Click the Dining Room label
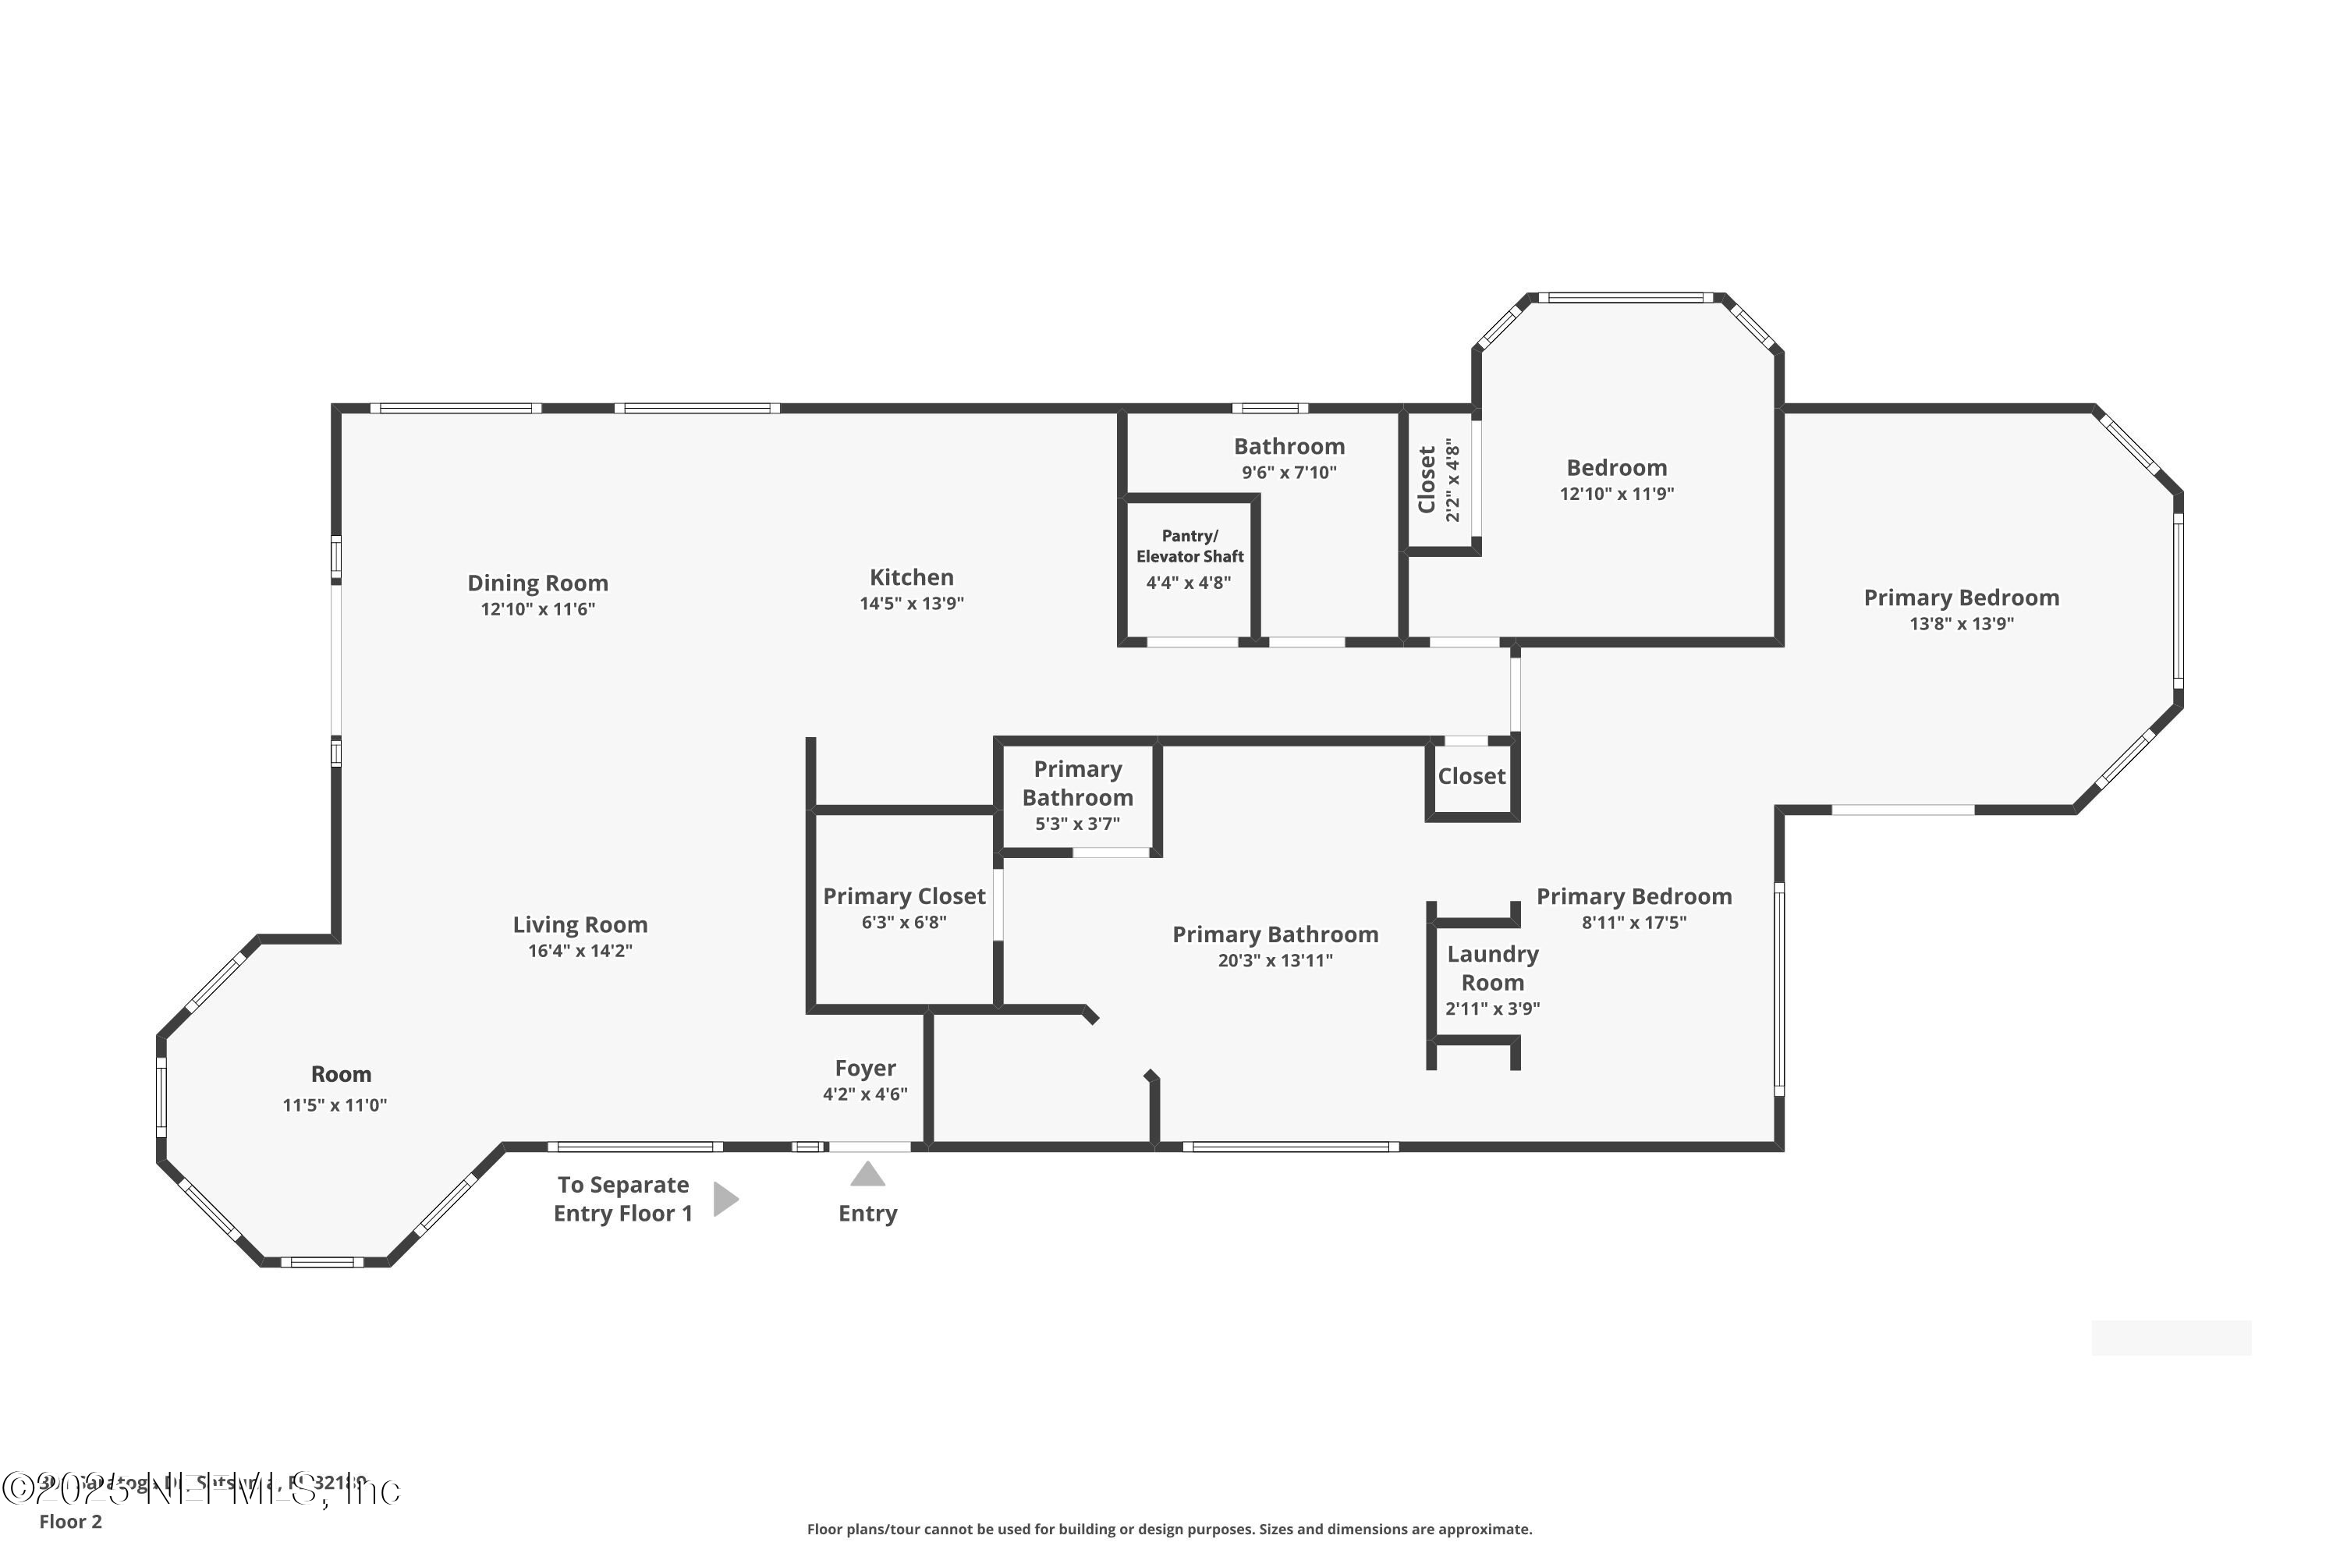click(x=537, y=583)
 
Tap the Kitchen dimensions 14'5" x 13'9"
click(x=911, y=603)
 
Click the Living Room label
click(x=580, y=924)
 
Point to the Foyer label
click(x=864, y=1068)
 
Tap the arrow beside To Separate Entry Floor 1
click(x=725, y=1199)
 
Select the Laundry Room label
click(x=1492, y=968)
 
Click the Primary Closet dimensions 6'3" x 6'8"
click(x=903, y=922)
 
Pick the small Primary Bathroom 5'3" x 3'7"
click(x=1077, y=796)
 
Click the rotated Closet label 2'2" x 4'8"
click(x=1438, y=480)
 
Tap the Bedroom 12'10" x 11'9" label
click(x=1617, y=467)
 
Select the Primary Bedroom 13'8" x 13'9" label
click(x=1961, y=598)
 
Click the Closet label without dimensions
click(x=1471, y=776)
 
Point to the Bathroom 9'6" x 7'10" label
click(x=1289, y=447)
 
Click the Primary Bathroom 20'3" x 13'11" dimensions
click(x=1275, y=960)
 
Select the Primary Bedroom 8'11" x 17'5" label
click(x=1633, y=896)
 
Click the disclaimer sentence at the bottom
click(x=1169, y=1529)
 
